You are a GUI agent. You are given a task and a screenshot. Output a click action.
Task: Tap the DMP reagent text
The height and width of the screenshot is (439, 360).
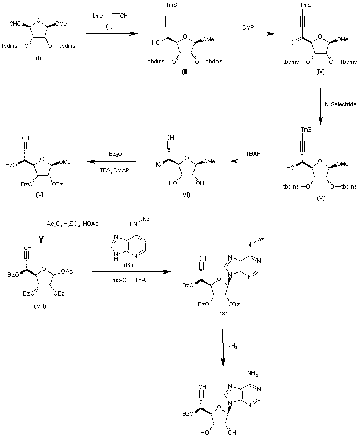pos(247,26)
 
